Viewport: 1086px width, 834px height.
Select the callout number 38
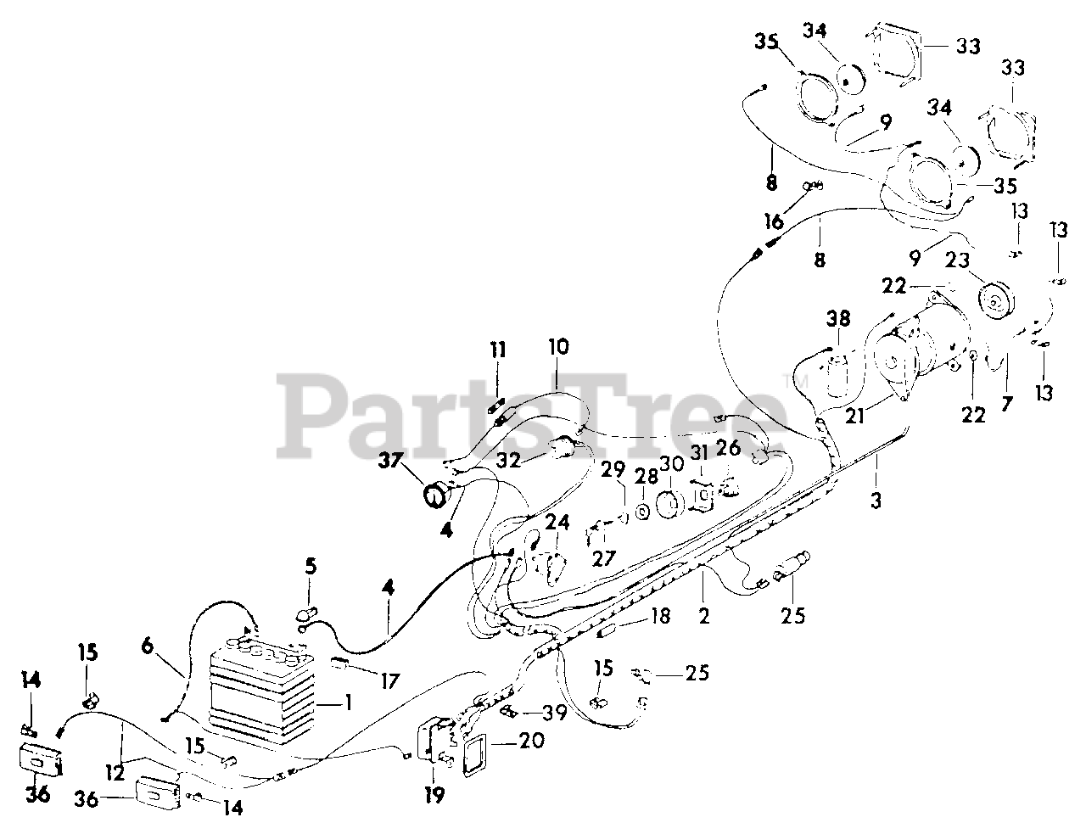[837, 320]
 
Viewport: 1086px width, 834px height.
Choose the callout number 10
[558, 347]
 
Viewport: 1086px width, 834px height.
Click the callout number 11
[498, 349]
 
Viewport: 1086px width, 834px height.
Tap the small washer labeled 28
[643, 512]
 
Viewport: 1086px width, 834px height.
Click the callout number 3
[876, 502]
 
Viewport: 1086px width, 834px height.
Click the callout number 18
[661, 615]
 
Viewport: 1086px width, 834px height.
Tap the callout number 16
[773, 222]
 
